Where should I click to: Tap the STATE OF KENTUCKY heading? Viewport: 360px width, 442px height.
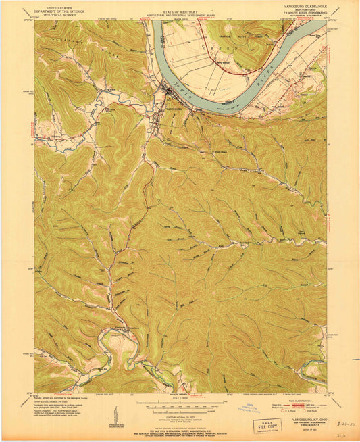(x=180, y=6)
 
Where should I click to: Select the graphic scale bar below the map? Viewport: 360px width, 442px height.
(x=180, y=403)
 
